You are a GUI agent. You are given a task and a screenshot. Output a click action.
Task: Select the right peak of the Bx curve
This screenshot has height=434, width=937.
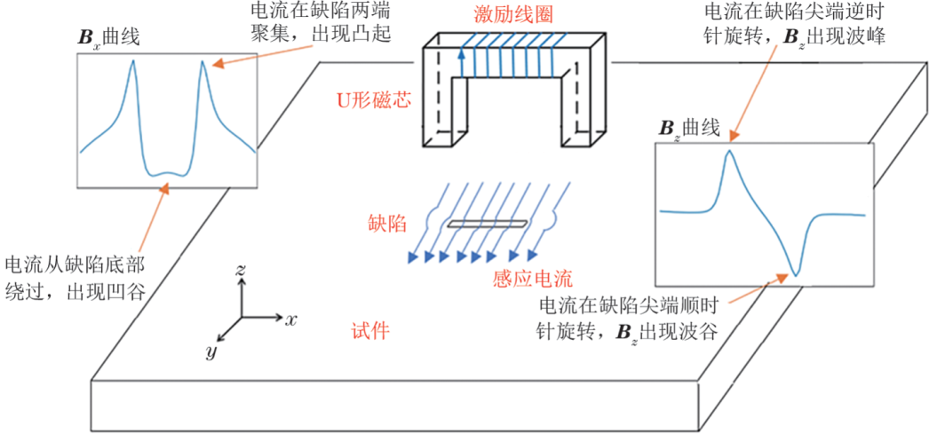(203, 61)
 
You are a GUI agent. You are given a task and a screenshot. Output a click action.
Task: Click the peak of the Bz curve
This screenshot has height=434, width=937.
(729, 151)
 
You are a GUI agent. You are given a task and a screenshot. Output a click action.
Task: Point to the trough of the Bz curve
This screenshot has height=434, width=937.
(796, 274)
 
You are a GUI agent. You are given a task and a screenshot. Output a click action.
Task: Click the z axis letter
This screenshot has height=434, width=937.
(242, 269)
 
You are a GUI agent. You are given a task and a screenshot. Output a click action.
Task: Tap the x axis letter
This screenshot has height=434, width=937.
(290, 318)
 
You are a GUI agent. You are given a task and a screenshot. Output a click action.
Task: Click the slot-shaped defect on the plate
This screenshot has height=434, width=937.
(487, 225)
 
